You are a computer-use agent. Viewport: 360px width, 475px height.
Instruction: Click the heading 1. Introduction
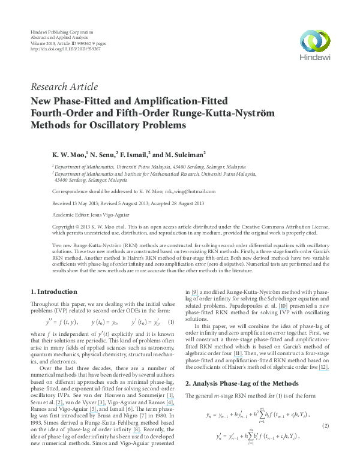pos(53,292)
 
